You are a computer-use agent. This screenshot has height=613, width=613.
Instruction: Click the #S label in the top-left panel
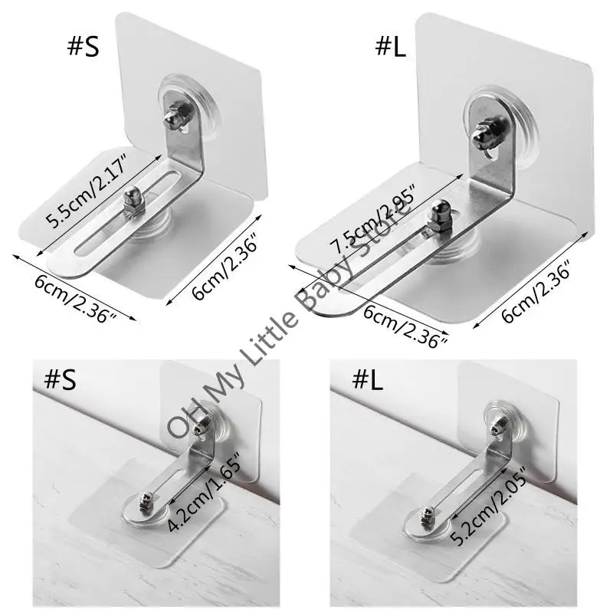tap(84, 48)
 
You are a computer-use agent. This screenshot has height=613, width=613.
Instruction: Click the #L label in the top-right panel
tap(390, 48)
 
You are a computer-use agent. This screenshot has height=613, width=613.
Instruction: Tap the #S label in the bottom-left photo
tap(61, 379)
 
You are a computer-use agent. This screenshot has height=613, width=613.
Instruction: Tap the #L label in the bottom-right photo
tap(368, 379)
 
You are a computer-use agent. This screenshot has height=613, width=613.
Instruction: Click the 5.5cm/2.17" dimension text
tap(87, 191)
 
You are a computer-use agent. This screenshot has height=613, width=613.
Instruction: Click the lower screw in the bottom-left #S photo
tap(146, 502)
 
